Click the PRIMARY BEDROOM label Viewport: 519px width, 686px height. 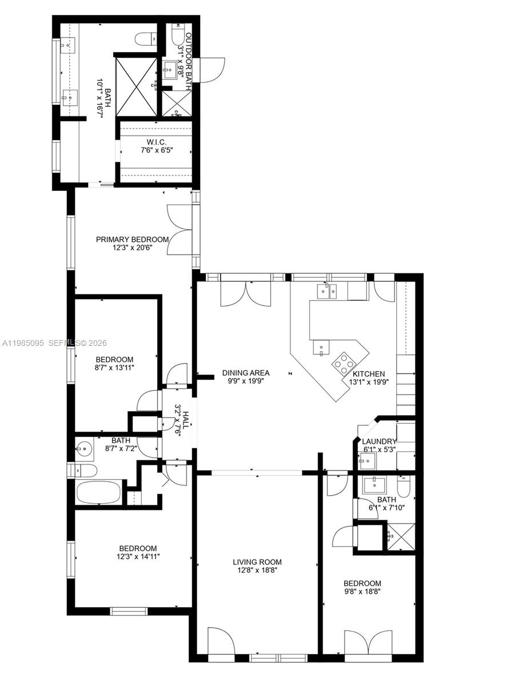132,240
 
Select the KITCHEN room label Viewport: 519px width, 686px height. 369,374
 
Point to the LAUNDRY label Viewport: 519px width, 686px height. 379,441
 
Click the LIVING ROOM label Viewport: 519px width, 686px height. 257,562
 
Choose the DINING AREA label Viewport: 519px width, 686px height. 246,373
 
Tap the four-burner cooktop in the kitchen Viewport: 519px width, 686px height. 344,362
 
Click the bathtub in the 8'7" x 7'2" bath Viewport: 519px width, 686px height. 99,492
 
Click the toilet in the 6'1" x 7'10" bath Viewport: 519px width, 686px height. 403,486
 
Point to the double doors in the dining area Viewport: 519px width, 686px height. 246,293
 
